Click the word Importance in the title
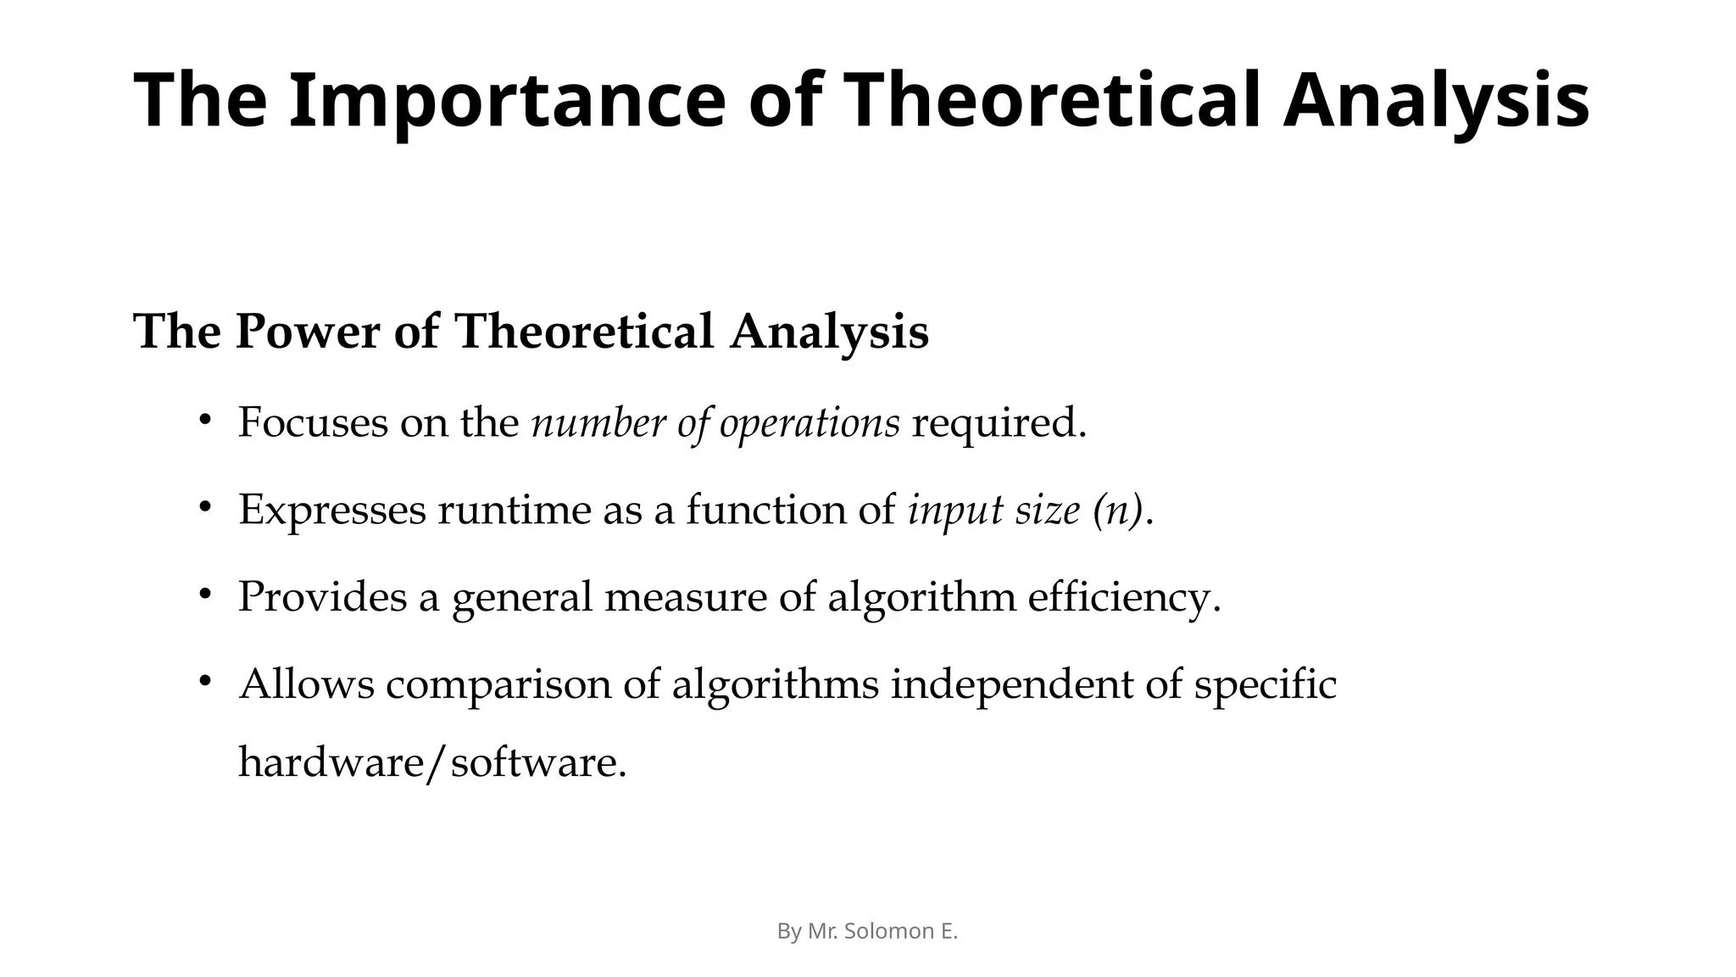[507, 101]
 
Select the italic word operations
[809, 422]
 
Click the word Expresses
[331, 510]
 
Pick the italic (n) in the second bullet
[1118, 510]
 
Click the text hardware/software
[432, 762]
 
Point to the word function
[765, 510]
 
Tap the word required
[998, 422]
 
